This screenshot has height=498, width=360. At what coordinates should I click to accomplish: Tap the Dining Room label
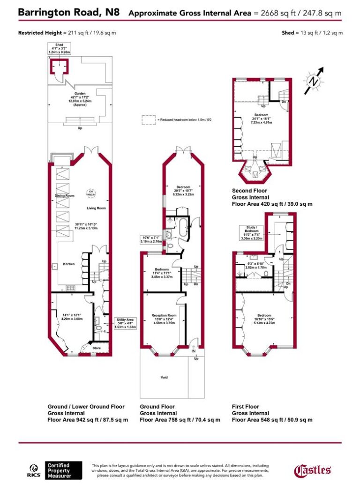(x=64, y=195)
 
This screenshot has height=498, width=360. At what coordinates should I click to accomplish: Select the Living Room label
(x=96, y=208)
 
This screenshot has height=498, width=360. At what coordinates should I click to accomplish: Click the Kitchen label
(x=69, y=264)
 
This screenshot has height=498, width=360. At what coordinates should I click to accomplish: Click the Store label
(x=96, y=348)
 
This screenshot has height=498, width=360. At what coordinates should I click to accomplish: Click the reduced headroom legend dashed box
(x=149, y=120)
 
